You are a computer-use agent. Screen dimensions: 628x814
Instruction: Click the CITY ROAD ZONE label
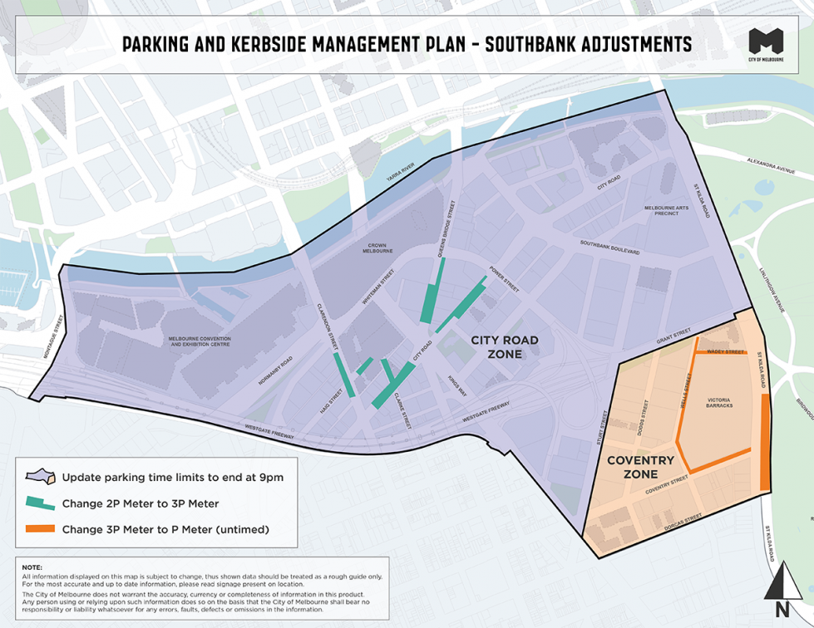(505, 347)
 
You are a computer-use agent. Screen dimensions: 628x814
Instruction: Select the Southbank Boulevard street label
(609, 246)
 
